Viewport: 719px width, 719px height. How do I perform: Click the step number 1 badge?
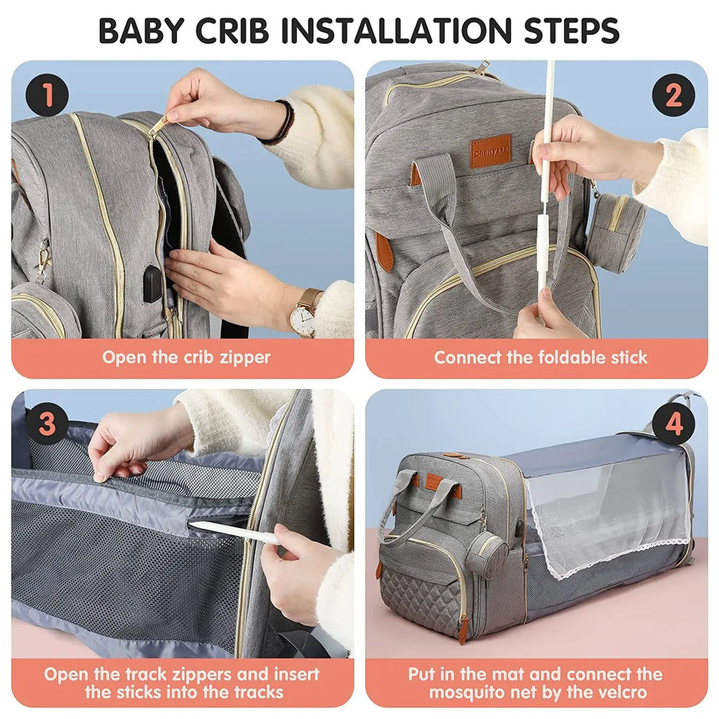[47, 95]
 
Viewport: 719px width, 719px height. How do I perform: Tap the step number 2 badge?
[673, 95]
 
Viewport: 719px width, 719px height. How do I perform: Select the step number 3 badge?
[47, 424]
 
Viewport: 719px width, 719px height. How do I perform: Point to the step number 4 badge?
[673, 424]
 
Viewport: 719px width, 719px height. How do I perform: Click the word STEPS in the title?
[564, 30]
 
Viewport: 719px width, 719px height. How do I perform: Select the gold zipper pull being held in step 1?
[158, 124]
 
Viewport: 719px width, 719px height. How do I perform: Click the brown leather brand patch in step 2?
[491, 152]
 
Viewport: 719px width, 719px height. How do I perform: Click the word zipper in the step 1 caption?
[243, 358]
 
